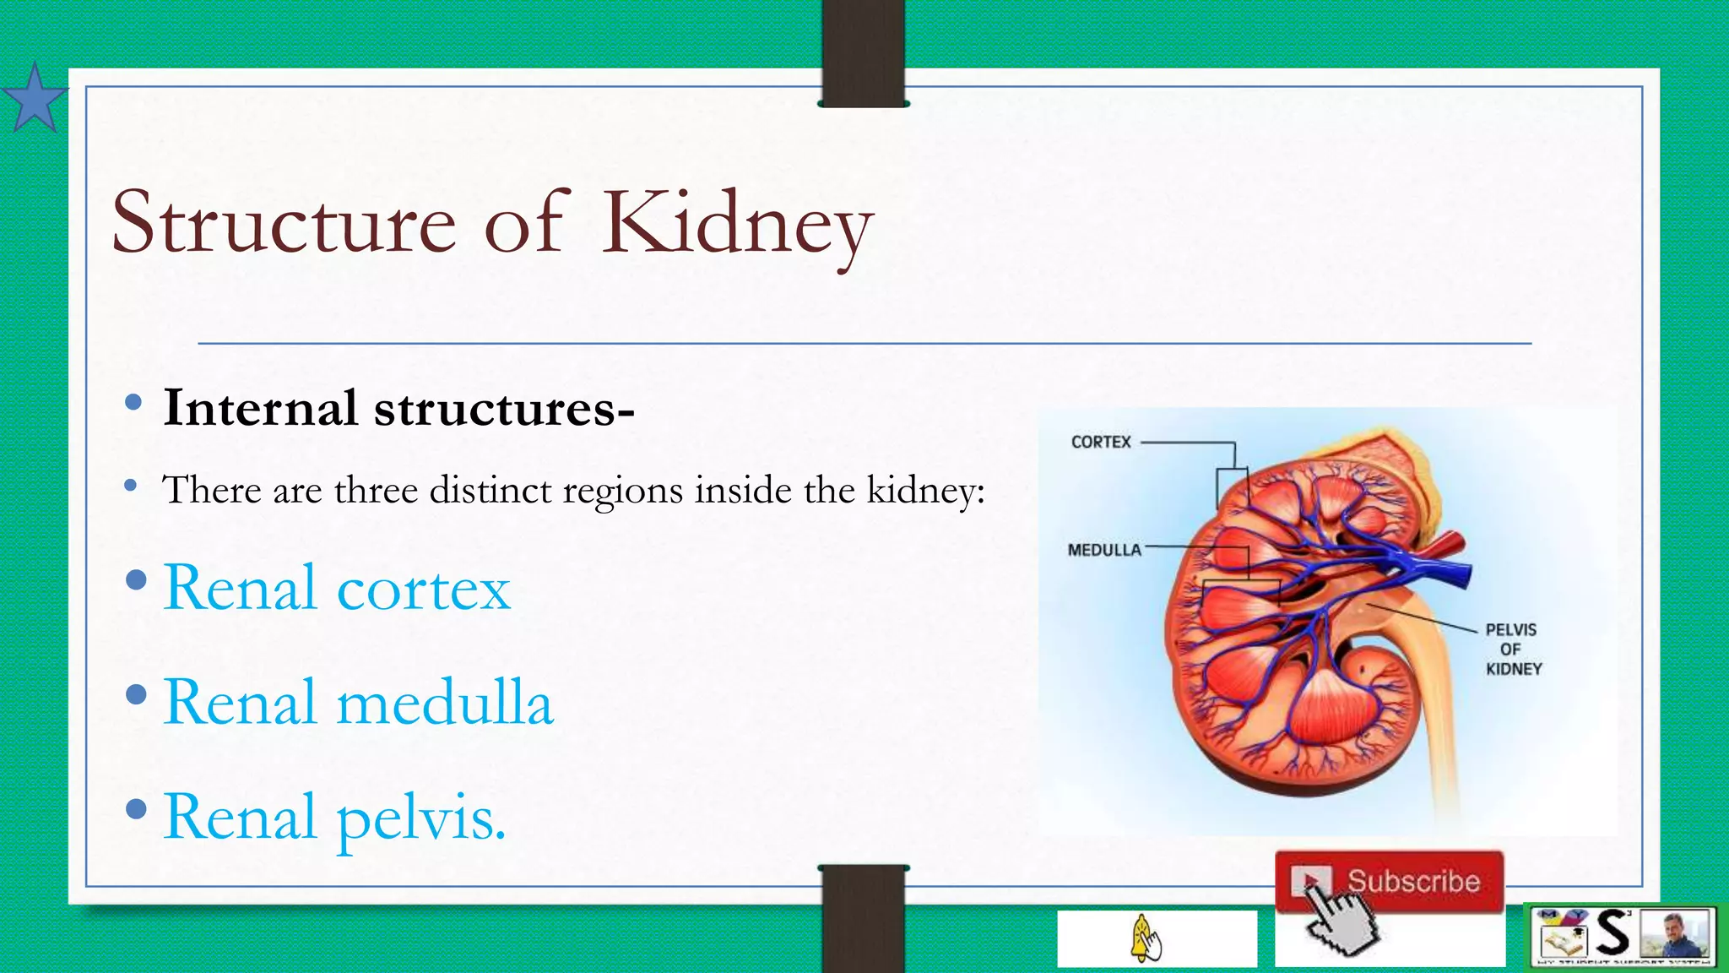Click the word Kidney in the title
736,223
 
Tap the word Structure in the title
284,223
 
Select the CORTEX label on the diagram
1100,442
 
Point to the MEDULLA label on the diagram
1103,550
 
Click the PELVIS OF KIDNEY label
1512,649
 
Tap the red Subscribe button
1390,881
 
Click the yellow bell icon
1145,938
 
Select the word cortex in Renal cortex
423,589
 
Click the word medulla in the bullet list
444,703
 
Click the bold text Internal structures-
398,408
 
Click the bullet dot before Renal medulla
136,695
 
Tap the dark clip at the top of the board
863,52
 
